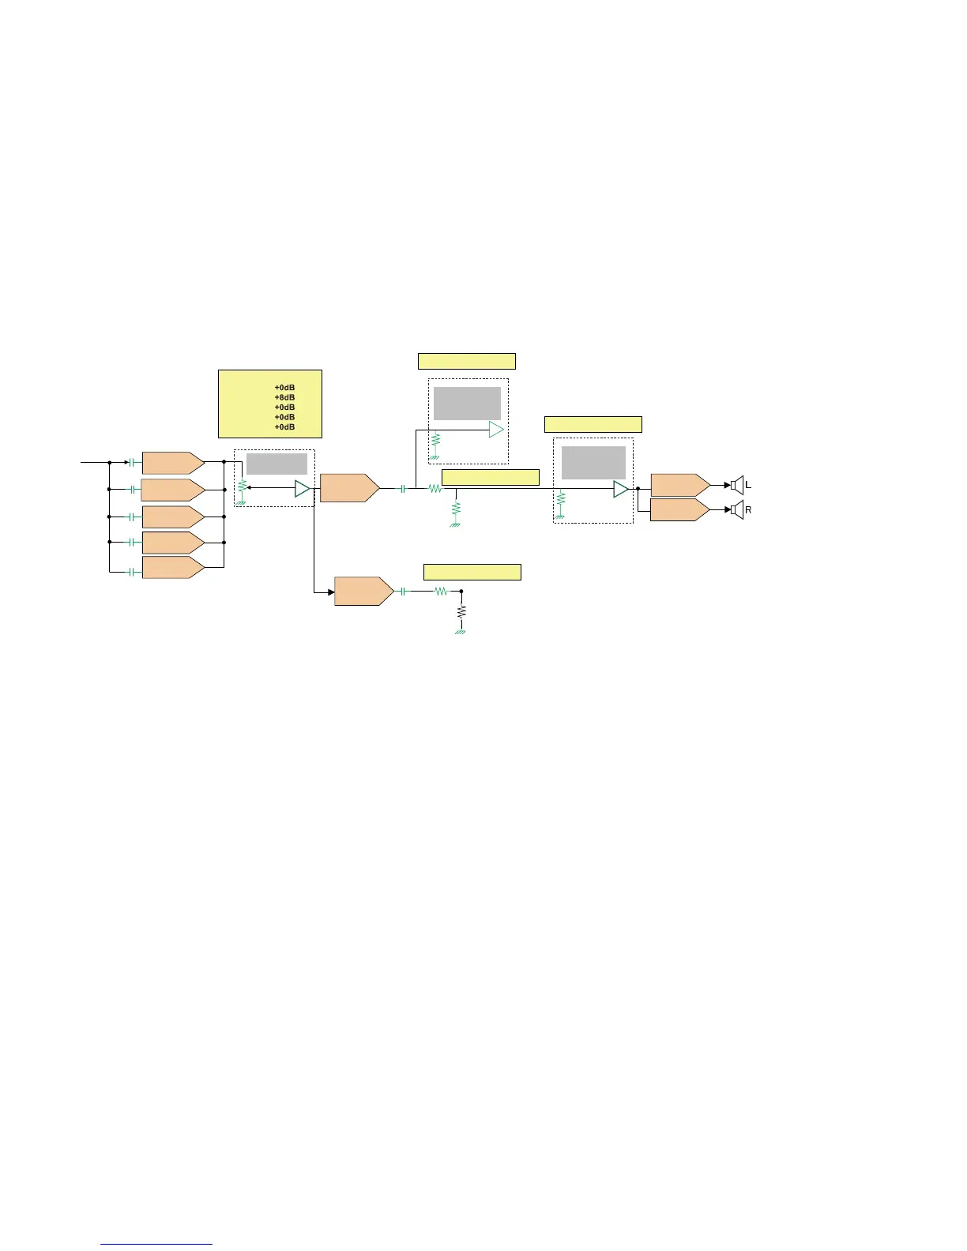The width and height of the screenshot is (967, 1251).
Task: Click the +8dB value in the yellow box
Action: (284, 397)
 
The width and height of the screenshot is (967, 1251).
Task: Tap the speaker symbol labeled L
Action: (737, 485)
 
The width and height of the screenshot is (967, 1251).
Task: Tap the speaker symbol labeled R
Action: (737, 510)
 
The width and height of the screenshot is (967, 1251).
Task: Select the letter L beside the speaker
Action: (749, 485)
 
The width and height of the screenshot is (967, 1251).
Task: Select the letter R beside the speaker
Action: (749, 511)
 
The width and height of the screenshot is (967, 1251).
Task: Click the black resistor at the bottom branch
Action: (462, 611)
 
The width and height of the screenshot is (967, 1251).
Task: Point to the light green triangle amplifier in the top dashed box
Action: (496, 430)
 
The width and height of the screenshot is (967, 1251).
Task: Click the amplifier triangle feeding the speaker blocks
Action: (621, 490)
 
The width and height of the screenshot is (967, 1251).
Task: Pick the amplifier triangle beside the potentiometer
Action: (302, 489)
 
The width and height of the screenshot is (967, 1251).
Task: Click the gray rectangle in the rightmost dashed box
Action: (593, 463)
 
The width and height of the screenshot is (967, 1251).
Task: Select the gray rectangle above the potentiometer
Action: (277, 464)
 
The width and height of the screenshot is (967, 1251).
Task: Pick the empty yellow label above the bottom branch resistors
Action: (472, 573)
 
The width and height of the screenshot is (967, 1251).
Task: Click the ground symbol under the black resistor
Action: (461, 632)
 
